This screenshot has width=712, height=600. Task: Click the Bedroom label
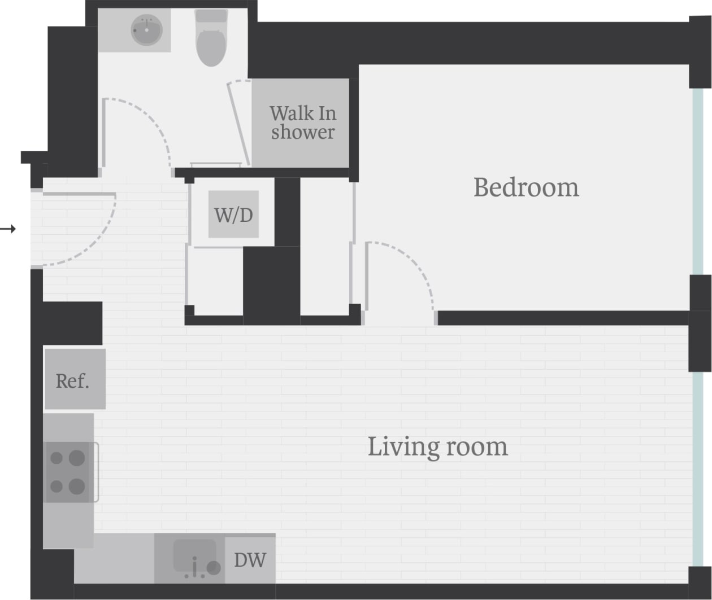526,187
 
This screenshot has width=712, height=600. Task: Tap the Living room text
437,446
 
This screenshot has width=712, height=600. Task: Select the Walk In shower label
302,122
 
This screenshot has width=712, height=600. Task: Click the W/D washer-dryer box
233,214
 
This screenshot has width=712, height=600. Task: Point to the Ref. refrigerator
75,380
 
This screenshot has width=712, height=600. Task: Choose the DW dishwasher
250,559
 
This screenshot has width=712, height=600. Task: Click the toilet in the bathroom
211,40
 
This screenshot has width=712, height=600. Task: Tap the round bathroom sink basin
147,30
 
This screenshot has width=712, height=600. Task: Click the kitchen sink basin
194,554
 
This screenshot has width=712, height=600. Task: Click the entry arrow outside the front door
7,229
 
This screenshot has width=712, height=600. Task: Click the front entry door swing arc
96,243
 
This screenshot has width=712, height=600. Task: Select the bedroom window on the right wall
698,181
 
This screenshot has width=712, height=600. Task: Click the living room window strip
698,468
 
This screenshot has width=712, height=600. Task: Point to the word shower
302,133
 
